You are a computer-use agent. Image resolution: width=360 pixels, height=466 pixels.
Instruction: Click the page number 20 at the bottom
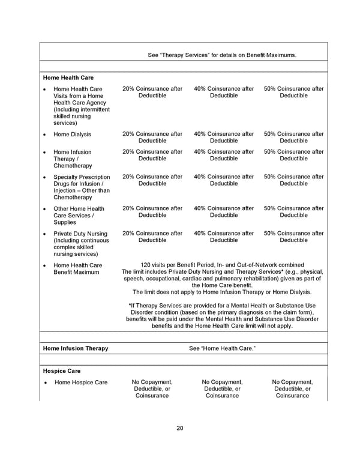tap(179, 428)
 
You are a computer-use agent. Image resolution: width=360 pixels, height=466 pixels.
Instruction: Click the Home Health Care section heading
tap(68, 77)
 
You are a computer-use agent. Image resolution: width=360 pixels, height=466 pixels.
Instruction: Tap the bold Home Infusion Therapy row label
tap(76, 348)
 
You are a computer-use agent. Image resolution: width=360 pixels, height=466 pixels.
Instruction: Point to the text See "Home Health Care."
tap(222, 348)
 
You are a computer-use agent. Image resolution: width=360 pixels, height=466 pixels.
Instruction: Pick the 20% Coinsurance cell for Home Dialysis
tap(152, 138)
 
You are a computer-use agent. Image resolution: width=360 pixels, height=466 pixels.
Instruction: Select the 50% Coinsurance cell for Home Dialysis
tap(293, 138)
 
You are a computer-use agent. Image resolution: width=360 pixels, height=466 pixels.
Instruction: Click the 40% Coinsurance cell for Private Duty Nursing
tap(224, 237)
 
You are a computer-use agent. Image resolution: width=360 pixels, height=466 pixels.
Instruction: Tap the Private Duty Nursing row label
tap(80, 244)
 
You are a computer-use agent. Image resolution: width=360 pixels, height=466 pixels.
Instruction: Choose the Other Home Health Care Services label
tap(79, 216)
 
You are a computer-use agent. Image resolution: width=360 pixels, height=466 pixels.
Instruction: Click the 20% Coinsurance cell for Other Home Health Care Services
tap(152, 212)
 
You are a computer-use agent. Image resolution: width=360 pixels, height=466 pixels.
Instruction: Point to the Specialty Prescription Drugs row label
tap(82, 187)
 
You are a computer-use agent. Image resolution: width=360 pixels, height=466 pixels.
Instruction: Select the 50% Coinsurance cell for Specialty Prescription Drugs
tap(293, 180)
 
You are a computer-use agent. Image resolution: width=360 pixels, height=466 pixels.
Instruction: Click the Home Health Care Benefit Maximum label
tap(77, 268)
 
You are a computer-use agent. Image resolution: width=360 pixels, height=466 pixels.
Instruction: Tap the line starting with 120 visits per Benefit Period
tap(222, 265)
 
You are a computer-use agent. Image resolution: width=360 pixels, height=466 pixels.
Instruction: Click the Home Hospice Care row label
tap(81, 383)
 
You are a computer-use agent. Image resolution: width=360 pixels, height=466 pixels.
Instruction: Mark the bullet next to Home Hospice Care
tap(45, 383)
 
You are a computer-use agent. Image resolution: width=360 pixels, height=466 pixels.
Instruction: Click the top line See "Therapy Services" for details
tap(222, 55)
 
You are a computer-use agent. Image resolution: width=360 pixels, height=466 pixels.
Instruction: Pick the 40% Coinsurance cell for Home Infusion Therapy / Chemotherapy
tap(224, 156)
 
